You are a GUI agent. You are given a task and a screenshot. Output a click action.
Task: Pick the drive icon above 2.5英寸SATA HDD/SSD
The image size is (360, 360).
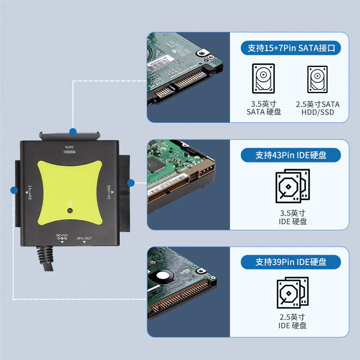[x=318, y=79]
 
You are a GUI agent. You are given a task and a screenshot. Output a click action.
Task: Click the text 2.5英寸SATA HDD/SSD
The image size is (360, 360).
[x=318, y=108]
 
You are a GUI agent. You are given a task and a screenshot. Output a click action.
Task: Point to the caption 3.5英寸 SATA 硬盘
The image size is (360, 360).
[x=264, y=108]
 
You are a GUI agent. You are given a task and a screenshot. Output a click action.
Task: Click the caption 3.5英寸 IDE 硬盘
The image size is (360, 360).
[x=292, y=217]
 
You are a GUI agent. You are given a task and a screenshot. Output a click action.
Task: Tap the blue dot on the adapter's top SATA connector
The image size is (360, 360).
[x=72, y=132]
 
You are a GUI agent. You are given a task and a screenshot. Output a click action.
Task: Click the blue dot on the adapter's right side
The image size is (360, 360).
[x=131, y=183]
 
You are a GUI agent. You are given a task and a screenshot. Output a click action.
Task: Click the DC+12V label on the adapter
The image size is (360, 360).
[x=62, y=235]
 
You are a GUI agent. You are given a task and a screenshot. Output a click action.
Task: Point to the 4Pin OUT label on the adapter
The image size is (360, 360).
[x=84, y=238]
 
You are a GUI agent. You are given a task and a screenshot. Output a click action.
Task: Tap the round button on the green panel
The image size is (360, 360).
[x=69, y=211]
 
